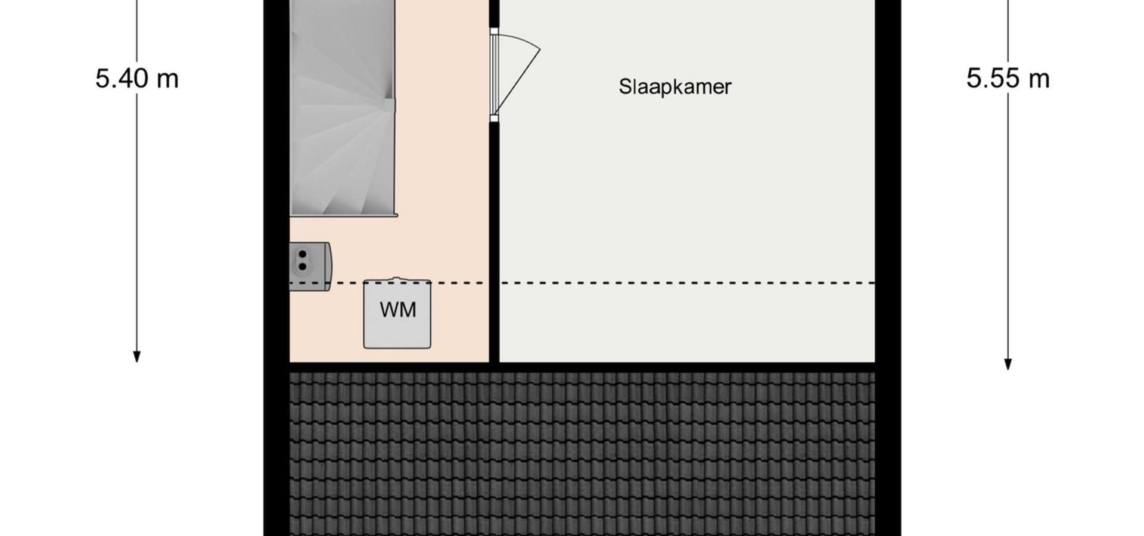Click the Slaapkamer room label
pyautogui.click(x=674, y=87)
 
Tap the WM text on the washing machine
pyautogui.click(x=397, y=310)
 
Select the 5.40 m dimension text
pyautogui.click(x=137, y=79)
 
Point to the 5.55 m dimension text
pyautogui.click(x=1008, y=79)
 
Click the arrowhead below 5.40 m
pyautogui.click(x=136, y=357)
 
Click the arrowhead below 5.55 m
pyautogui.click(x=1008, y=364)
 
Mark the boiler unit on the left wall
pyautogui.click(x=310, y=266)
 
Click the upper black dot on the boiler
pyautogui.click(x=303, y=255)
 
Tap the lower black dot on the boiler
pyautogui.click(x=303, y=266)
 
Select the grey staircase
pyautogui.click(x=343, y=107)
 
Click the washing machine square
pyautogui.click(x=397, y=314)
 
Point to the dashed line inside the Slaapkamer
pyautogui.click(x=687, y=283)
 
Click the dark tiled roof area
pyautogui.click(x=582, y=454)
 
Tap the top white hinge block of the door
pyautogui.click(x=494, y=32)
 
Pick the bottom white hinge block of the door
pyautogui.click(x=494, y=119)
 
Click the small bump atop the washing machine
pyautogui.click(x=397, y=278)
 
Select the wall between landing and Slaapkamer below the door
pyautogui.click(x=494, y=242)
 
